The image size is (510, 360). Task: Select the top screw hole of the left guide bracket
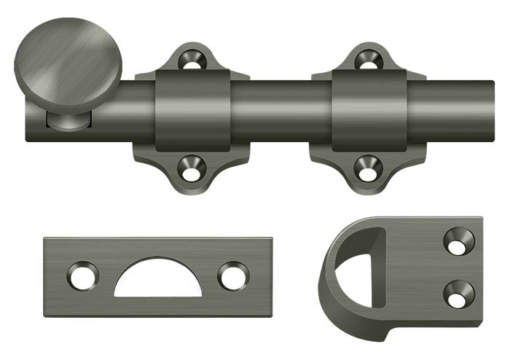[192, 60]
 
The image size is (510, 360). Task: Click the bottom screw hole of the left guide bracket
[192, 169]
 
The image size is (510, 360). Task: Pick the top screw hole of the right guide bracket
[368, 60]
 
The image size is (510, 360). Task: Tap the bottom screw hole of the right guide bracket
[368, 169]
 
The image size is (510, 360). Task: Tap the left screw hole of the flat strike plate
[82, 276]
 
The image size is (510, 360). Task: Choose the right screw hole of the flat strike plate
[233, 276]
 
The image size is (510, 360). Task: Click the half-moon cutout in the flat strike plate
[158, 281]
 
